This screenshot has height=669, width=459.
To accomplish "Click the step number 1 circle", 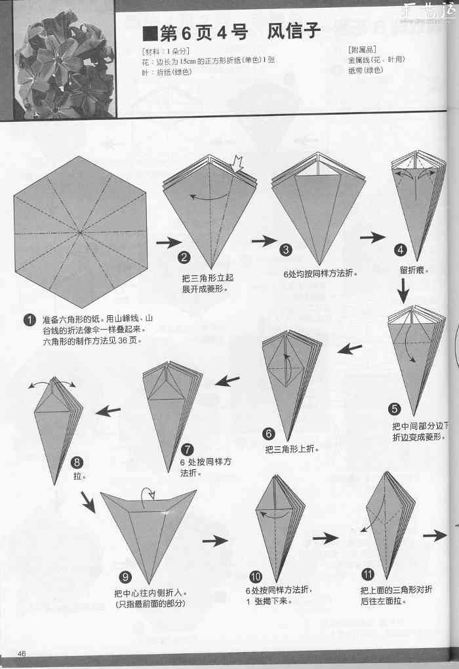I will (30, 320).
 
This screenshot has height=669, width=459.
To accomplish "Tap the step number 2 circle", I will (185, 258).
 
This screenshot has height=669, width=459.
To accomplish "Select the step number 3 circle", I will (287, 250).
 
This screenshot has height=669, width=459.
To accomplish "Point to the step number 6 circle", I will (269, 433).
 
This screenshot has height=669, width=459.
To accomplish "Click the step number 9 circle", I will (127, 577).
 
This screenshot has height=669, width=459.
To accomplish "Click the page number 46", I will (22, 653).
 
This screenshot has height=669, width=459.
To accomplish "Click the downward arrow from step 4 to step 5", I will (403, 288).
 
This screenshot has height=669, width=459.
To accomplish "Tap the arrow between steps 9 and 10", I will (215, 541).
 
